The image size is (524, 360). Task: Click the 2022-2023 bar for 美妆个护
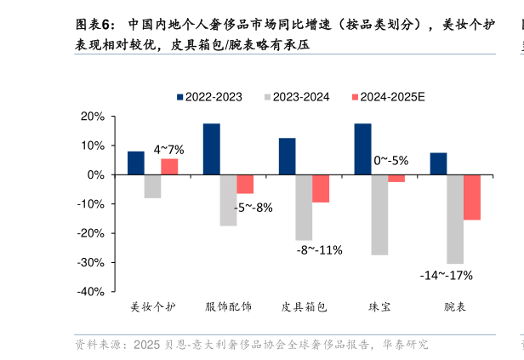pyautogui.click(x=135, y=163)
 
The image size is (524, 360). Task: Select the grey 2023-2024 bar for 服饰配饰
pyautogui.click(x=228, y=200)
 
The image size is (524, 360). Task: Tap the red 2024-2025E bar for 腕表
pyautogui.click(x=472, y=197)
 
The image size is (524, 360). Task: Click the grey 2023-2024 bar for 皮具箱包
pyautogui.click(x=304, y=208)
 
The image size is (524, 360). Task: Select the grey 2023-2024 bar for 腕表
pyautogui.click(x=455, y=219)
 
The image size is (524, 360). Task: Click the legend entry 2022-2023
pyautogui.click(x=209, y=97)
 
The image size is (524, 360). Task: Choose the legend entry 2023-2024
pyautogui.click(x=296, y=97)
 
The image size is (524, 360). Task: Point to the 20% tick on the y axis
pyautogui.click(x=94, y=117)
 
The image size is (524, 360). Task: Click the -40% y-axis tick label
pyautogui.click(x=90, y=291)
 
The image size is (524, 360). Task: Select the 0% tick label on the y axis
pyautogui.click(x=97, y=174)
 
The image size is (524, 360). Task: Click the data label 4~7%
pyautogui.click(x=168, y=150)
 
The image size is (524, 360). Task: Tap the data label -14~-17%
pyautogui.click(x=446, y=275)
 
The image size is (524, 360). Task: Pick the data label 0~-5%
pyautogui.click(x=391, y=160)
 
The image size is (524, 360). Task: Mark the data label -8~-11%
pyautogui.click(x=319, y=250)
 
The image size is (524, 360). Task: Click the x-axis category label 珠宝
pyautogui.click(x=379, y=307)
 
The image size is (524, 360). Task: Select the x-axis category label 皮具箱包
pyautogui.click(x=304, y=307)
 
